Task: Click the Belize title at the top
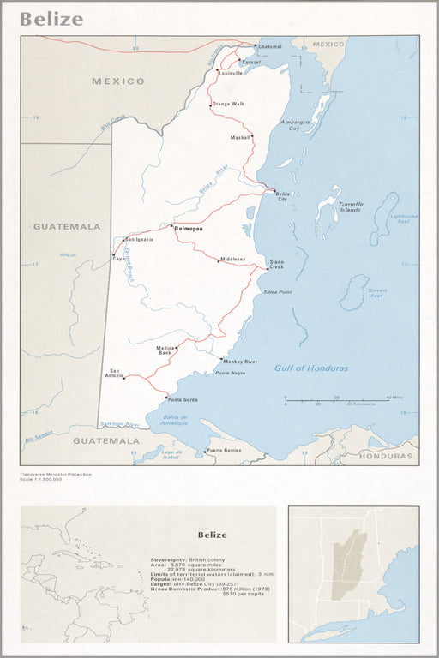pos(51,19)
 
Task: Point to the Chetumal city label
pos(269,46)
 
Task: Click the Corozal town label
pos(250,63)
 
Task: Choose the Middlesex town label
pos(232,259)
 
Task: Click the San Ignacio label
pos(140,239)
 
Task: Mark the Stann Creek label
pos(276,265)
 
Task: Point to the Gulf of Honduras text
pos(311,368)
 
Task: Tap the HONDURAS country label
pos(386,455)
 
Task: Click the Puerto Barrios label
pos(225,450)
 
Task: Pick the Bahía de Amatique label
pos(178,422)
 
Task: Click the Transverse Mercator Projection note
pos(56,474)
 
